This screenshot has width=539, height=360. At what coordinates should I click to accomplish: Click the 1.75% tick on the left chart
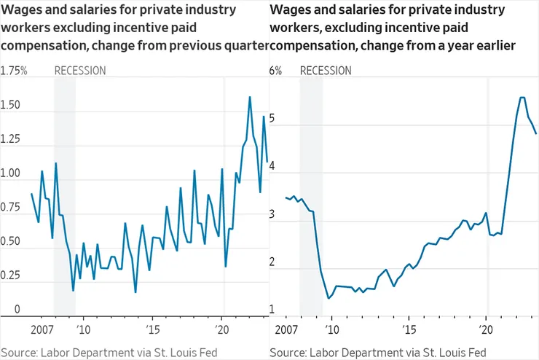(14, 71)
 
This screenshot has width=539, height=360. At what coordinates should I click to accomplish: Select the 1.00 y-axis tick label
(11, 174)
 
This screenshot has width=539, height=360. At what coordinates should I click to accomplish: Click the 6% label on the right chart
(275, 71)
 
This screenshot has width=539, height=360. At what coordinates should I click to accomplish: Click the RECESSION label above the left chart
(80, 71)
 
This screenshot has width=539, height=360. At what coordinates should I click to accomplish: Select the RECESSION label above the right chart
(326, 71)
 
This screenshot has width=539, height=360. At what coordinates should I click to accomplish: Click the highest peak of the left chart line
(250, 97)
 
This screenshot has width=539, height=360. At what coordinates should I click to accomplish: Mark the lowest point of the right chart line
(329, 298)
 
